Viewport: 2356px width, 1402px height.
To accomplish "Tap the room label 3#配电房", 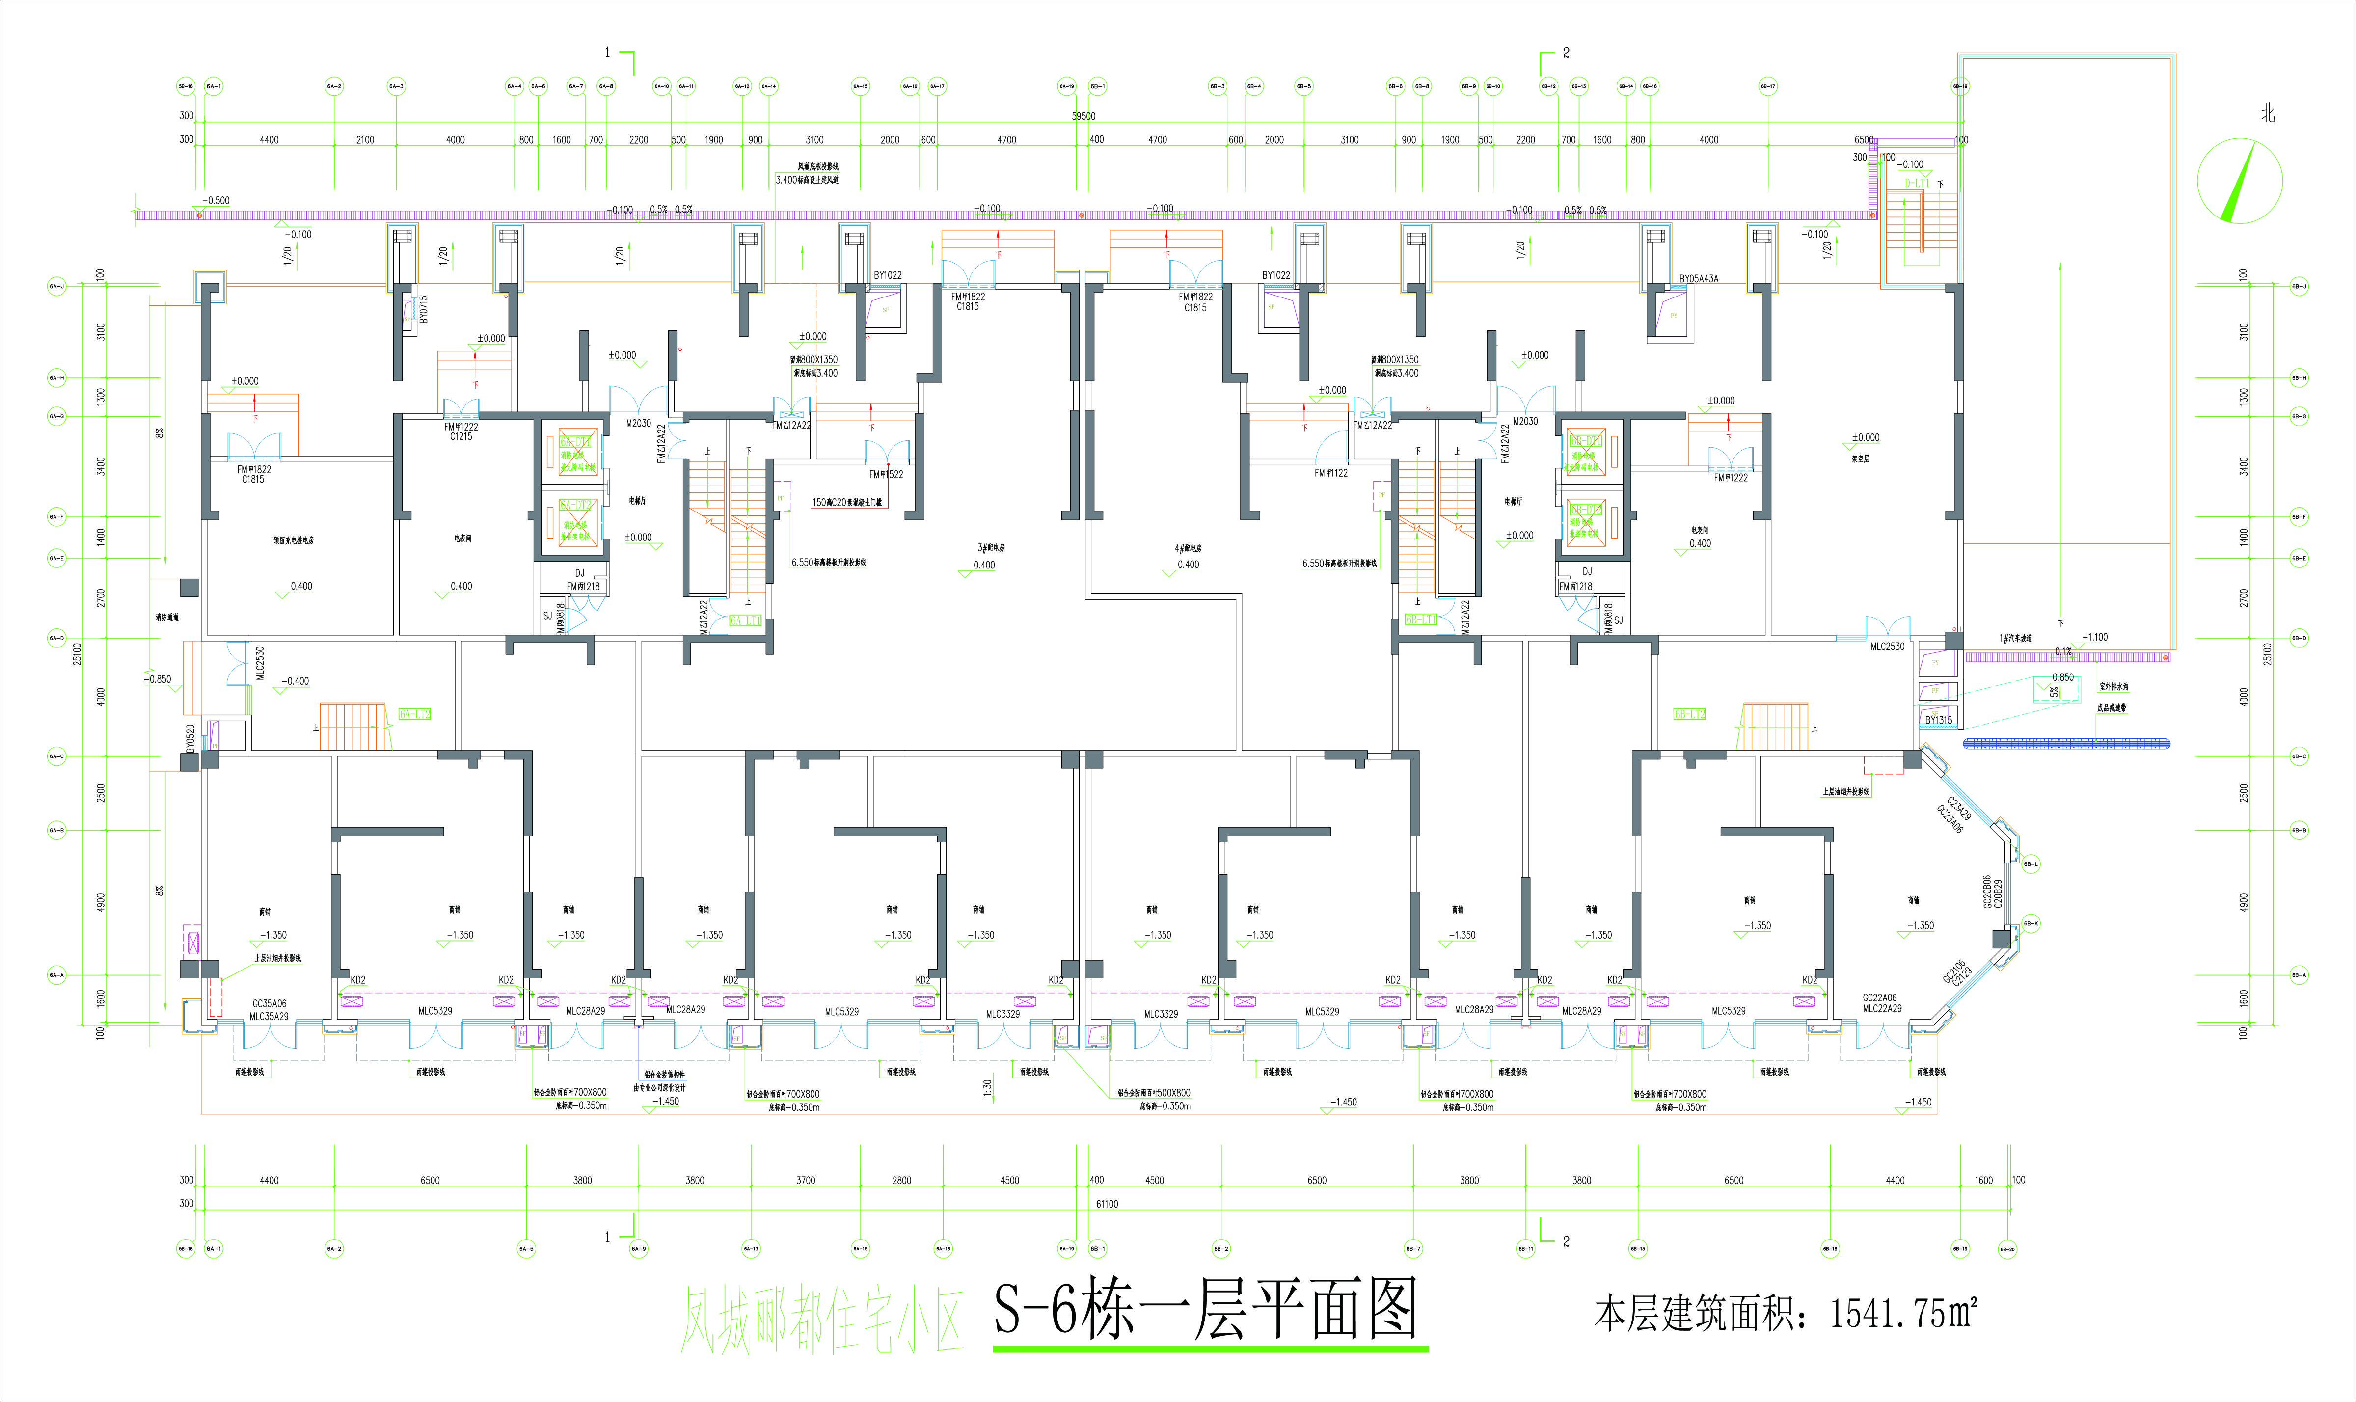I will click(x=991, y=548).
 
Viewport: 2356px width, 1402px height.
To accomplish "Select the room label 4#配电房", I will click(x=1189, y=548).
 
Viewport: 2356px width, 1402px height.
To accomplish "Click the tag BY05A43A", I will click(x=1699, y=279).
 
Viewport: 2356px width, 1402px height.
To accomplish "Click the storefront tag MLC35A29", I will click(x=269, y=1017).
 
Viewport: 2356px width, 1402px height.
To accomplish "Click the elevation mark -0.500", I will click(x=216, y=200).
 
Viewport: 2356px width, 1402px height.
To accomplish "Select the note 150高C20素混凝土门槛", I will click(x=846, y=503).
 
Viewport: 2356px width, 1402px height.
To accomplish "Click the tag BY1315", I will click(x=1938, y=720).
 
